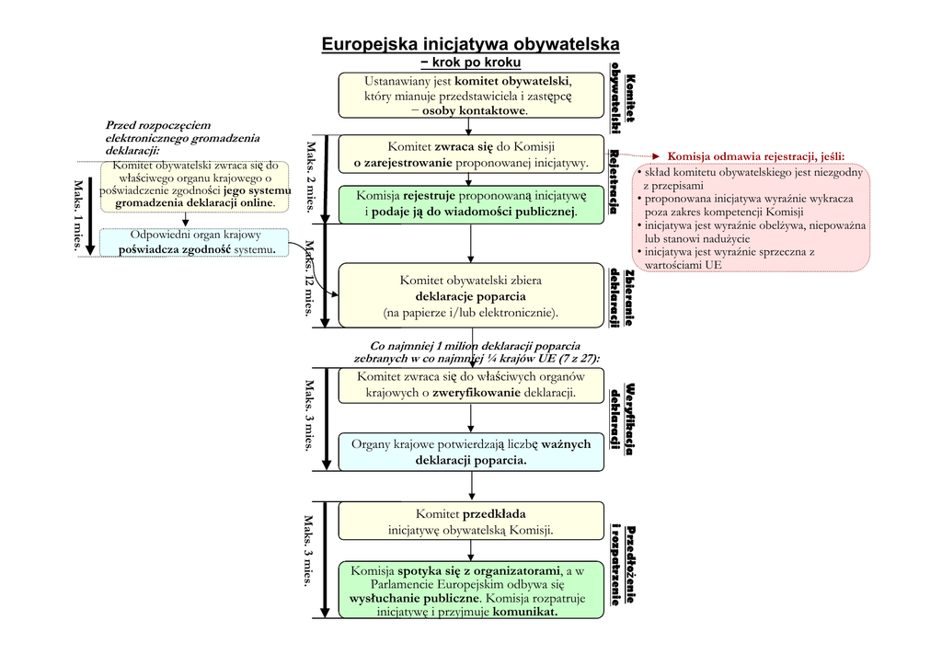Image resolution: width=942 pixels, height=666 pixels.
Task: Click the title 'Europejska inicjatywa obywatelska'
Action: (x=470, y=44)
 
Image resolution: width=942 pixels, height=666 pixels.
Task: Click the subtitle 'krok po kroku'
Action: (x=470, y=63)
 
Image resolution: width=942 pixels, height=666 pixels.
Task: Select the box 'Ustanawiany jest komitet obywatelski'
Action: (x=469, y=95)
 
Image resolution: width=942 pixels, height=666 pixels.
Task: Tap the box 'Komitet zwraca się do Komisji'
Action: (x=469, y=155)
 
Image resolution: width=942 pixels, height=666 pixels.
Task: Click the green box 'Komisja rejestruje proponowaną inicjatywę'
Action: (x=469, y=204)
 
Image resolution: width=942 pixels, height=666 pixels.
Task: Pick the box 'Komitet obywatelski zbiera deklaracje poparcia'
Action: (x=469, y=295)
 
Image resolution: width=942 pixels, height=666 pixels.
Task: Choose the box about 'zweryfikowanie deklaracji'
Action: (x=469, y=385)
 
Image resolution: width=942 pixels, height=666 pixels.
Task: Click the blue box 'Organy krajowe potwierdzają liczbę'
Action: (x=469, y=452)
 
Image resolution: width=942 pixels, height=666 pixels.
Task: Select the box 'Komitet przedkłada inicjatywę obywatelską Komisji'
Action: (x=469, y=522)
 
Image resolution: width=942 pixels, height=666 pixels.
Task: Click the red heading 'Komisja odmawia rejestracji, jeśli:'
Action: (x=755, y=155)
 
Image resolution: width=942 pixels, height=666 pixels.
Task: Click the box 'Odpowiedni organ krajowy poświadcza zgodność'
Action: (x=197, y=242)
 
